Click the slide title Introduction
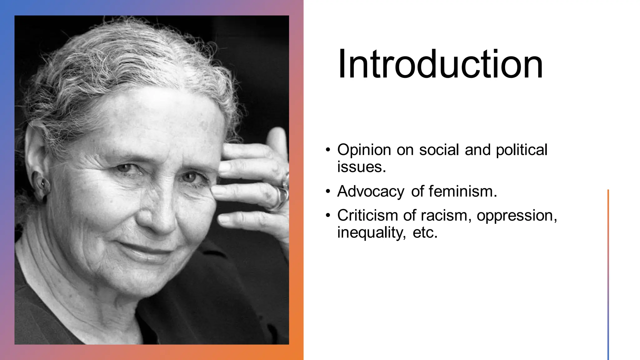[440, 64]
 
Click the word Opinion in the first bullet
[364, 150]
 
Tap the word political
[522, 150]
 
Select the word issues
[361, 167]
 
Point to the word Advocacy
[370, 192]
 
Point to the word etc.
[425, 232]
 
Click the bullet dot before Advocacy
[327, 191]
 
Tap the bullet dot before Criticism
[327, 215]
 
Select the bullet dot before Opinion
[327, 150]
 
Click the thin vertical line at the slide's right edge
[608, 275]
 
